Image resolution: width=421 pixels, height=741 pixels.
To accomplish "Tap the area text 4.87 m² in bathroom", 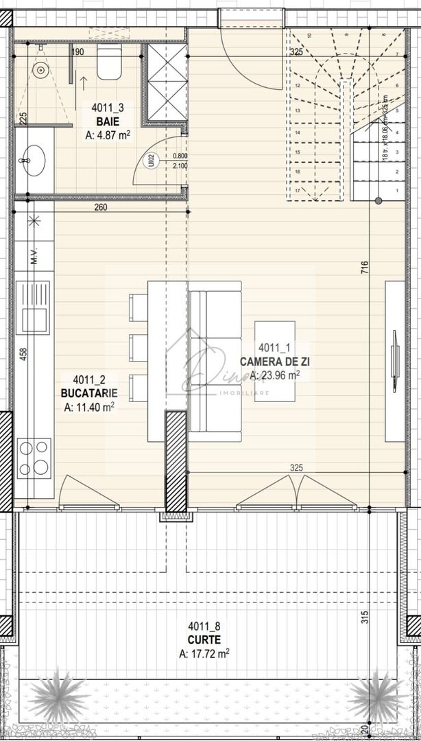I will (108, 135).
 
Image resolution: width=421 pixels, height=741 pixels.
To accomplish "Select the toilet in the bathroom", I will (109, 64).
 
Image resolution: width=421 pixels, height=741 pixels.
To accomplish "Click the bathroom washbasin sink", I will (31, 161).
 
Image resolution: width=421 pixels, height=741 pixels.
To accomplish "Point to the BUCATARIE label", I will (88, 394).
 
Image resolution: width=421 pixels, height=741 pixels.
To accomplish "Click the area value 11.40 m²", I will (88, 407).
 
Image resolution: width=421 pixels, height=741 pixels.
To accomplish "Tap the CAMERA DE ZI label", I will (272, 361).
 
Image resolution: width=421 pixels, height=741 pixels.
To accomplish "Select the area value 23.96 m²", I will (274, 375).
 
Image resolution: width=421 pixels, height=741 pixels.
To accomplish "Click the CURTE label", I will (203, 639).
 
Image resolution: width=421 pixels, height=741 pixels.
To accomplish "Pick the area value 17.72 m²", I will (203, 653).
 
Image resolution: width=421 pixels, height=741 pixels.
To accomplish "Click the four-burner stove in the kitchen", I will (34, 458).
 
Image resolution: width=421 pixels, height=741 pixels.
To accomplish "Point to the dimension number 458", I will (24, 354).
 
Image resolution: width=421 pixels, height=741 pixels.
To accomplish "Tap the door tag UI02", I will (150, 160).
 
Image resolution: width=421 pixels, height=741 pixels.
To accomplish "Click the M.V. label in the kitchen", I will (32, 259).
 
